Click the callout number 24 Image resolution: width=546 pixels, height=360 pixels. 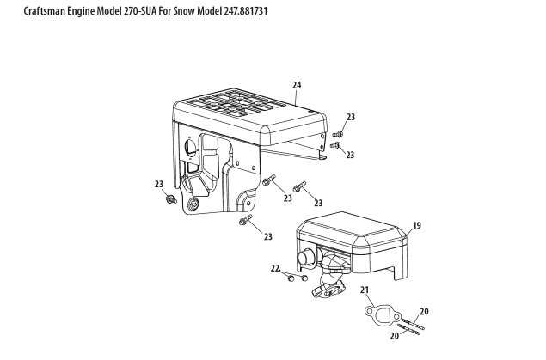(x=297, y=86)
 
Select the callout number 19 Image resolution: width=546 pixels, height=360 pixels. (x=417, y=225)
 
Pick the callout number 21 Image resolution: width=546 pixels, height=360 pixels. (x=364, y=290)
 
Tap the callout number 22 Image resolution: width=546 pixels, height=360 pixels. (x=275, y=268)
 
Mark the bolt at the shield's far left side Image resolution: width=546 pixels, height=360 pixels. (x=172, y=200)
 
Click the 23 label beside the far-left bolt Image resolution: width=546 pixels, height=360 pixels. (x=159, y=183)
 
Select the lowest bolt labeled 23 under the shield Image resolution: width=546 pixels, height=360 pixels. (x=244, y=222)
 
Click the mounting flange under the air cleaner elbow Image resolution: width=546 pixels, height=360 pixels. (x=327, y=294)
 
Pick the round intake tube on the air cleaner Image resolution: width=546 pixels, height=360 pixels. (x=304, y=257)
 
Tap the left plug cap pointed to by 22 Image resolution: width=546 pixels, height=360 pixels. (x=291, y=278)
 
